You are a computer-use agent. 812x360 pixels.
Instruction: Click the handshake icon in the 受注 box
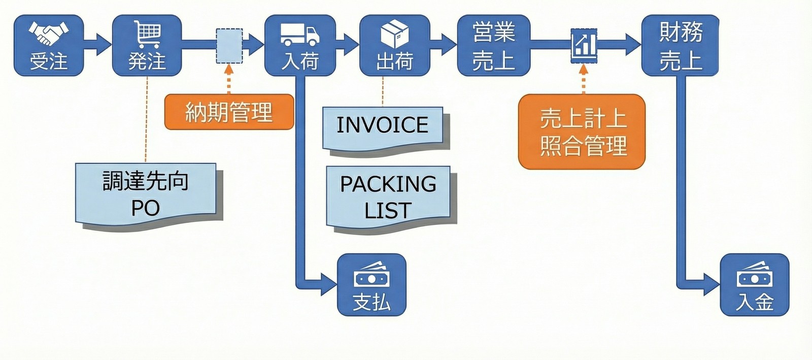point(48,33)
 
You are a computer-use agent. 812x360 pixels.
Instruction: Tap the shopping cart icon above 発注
point(148,34)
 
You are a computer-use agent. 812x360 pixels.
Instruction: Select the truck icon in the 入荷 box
point(300,35)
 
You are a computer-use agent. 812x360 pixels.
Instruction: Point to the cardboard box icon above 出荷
point(395,34)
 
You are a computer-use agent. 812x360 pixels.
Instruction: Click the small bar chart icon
point(584,45)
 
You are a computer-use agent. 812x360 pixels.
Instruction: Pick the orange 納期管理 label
point(229,112)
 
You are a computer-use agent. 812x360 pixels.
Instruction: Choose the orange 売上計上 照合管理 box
point(582,132)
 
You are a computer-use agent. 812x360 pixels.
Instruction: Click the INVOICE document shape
point(383,126)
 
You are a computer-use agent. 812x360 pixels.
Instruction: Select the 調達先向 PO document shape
point(146,194)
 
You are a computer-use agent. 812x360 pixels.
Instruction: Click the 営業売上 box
point(494,46)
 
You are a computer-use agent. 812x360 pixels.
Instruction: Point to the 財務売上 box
point(680,46)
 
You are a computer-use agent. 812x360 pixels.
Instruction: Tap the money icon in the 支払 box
point(371,275)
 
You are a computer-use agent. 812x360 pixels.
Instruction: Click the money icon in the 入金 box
point(755,275)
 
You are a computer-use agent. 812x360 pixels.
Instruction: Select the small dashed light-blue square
point(229,46)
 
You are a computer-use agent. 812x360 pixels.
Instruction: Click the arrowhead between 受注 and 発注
point(103,45)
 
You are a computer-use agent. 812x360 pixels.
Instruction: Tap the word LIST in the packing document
point(388,211)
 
